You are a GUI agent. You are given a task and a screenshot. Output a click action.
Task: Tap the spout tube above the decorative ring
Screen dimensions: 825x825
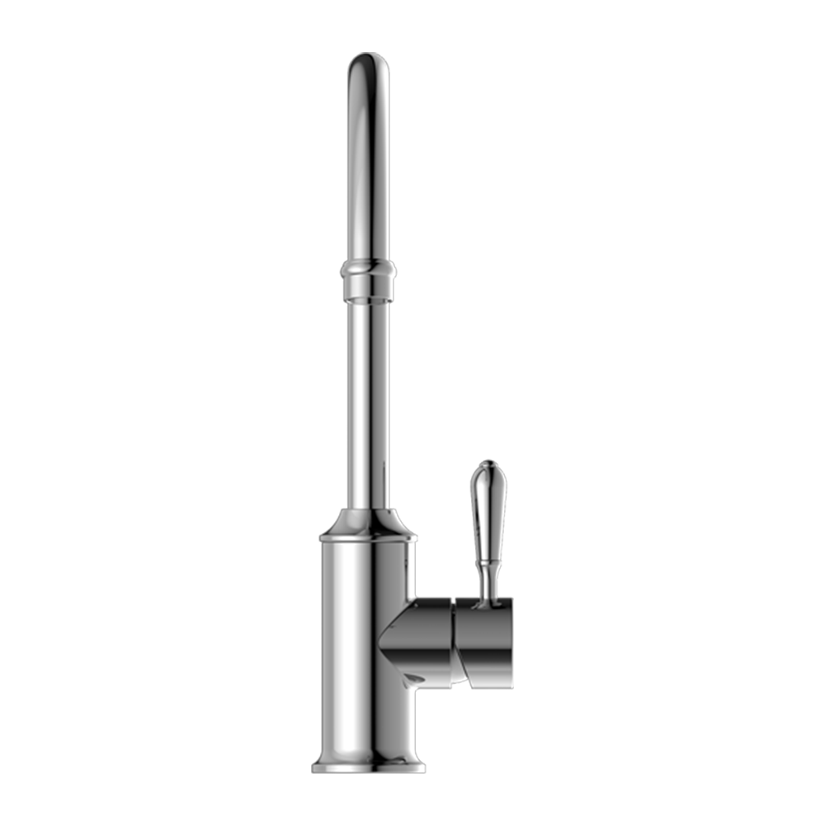[368, 165]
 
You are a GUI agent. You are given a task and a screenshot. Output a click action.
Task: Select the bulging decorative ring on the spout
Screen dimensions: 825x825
[368, 268]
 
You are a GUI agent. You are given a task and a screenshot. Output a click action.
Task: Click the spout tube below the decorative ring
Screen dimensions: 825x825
[368, 396]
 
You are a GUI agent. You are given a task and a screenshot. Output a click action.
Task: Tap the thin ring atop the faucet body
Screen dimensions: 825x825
[368, 538]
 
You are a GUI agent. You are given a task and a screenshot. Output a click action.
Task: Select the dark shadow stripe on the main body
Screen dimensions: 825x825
[388, 643]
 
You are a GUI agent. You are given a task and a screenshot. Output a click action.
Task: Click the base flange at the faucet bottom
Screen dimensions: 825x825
[368, 766]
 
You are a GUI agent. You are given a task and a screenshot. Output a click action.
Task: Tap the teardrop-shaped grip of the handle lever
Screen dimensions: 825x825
[487, 503]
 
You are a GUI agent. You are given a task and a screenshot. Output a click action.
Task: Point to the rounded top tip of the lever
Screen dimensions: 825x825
[486, 468]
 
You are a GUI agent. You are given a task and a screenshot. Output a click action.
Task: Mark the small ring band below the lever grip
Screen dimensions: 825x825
[488, 563]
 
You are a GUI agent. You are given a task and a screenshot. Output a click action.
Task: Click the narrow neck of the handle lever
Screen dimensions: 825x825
[488, 576]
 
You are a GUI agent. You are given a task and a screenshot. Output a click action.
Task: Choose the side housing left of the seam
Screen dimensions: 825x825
[425, 635]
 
